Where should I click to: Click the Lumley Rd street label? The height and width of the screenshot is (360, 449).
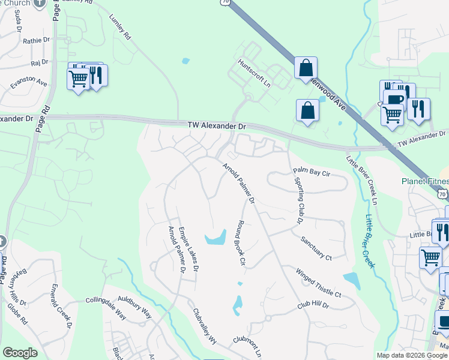[119, 28]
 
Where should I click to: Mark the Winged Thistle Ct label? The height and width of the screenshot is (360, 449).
[318, 283]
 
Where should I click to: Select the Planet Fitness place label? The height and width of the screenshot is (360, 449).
[426, 182]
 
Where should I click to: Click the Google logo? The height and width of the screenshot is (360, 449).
[20, 353]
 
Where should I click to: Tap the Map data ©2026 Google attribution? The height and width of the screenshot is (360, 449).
[412, 355]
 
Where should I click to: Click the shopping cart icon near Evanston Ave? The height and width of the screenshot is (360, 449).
[78, 80]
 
